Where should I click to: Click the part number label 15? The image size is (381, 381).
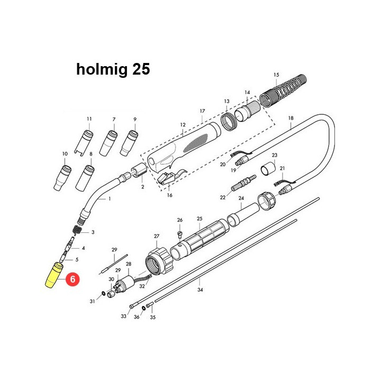(275, 75)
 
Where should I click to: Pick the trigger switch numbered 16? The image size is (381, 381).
(170, 179)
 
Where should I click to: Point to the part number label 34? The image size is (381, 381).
(200, 290)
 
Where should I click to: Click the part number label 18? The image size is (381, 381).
(291, 118)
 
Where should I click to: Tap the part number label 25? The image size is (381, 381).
(199, 219)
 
